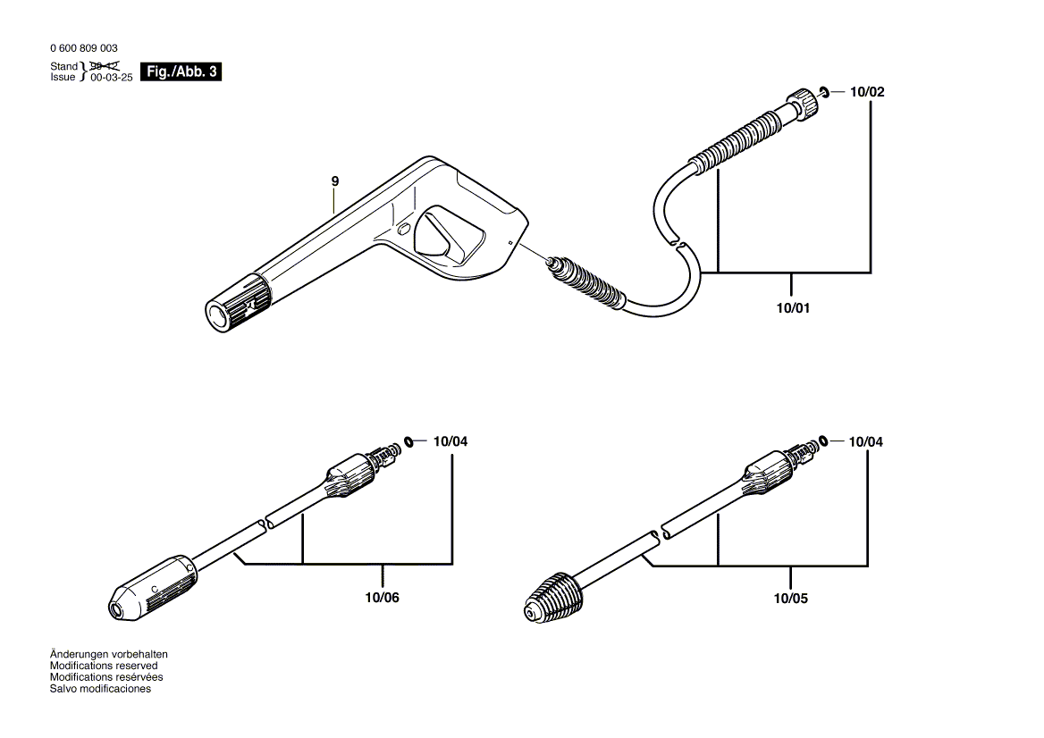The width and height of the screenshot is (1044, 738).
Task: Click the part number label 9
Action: click(335, 181)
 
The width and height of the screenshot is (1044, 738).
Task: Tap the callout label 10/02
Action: click(867, 92)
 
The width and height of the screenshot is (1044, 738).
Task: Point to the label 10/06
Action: click(383, 598)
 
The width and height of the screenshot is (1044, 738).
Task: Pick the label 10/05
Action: click(791, 598)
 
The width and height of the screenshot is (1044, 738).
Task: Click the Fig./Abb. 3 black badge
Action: click(181, 72)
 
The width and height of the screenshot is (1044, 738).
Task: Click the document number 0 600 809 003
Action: click(83, 48)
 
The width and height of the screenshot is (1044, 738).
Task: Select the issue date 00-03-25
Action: click(111, 78)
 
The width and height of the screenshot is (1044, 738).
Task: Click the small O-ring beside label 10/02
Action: click(824, 91)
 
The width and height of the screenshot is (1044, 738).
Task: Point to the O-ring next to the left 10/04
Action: click(408, 441)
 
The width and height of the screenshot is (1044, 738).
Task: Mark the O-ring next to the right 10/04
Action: click(823, 441)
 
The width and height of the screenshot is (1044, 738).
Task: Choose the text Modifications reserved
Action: click(104, 666)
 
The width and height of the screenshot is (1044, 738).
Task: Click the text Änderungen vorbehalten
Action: click(109, 654)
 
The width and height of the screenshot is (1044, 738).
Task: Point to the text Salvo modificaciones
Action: click(100, 689)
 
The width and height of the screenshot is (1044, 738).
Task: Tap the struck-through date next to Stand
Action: click(105, 66)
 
